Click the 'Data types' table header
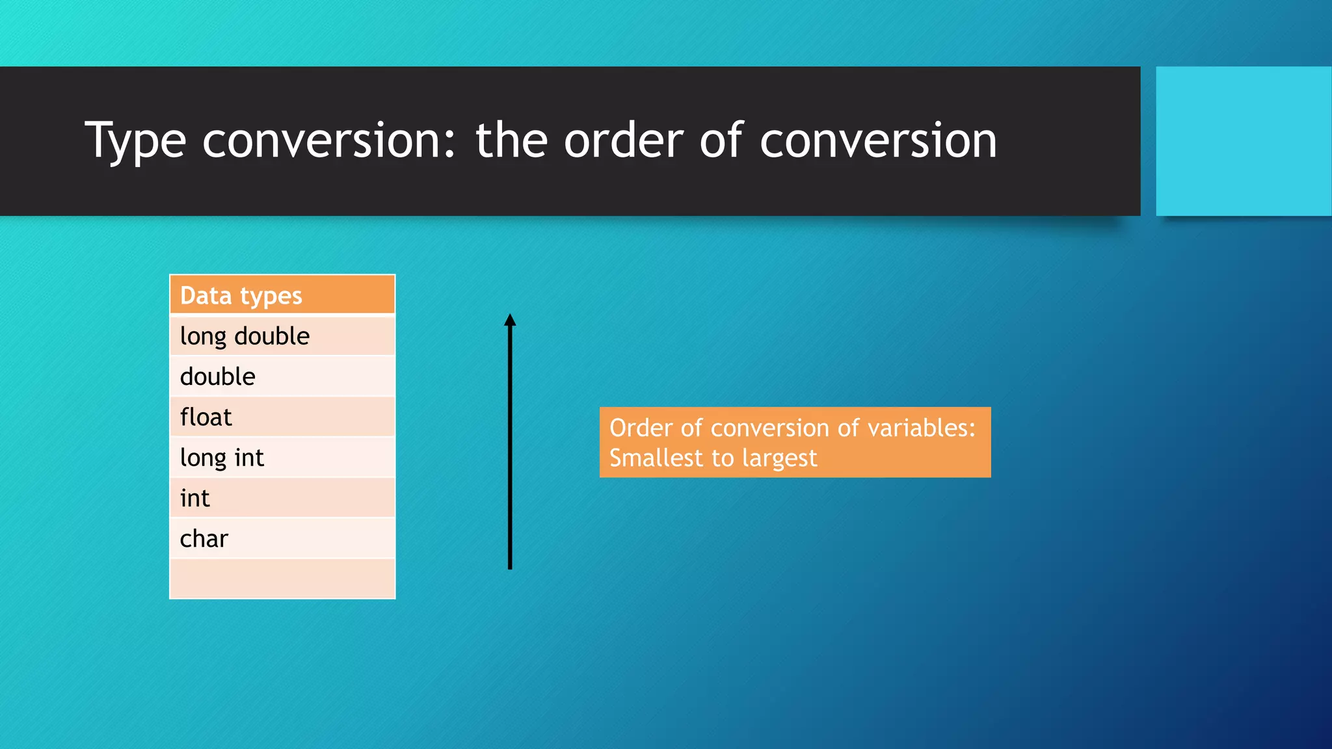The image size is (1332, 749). (282, 295)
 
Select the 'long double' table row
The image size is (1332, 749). (282, 336)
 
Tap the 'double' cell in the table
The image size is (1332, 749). (282, 376)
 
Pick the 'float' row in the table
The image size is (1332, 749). (282, 417)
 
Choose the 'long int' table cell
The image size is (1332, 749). (282, 458)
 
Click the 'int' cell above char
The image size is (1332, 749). (282, 498)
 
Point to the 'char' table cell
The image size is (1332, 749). (282, 538)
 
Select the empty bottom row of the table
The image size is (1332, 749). (282, 579)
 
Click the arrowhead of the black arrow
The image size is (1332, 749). (510, 320)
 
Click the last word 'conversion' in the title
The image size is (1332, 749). (878, 140)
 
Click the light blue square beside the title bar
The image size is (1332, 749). (1243, 141)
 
